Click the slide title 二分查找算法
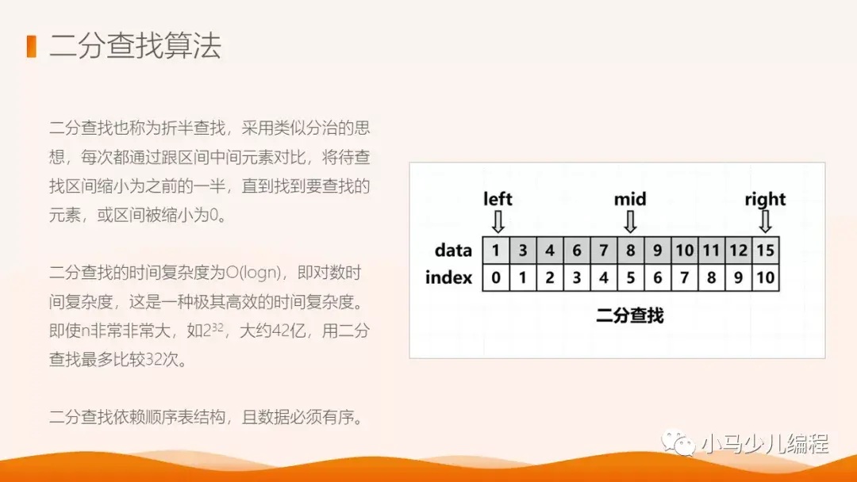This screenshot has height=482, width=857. tap(135, 46)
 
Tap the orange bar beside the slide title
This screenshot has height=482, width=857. tap(31, 46)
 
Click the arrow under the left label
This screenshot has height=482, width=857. tap(498, 220)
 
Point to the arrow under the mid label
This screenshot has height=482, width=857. tap(630, 220)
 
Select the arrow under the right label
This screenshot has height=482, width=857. tap(765, 220)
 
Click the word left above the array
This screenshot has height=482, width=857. tap(498, 199)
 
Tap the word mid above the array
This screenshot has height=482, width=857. tap(630, 199)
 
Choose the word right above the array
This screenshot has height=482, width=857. tap(765, 199)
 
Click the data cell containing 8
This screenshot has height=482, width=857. tap(630, 251)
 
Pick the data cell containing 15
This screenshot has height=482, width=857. tap(766, 251)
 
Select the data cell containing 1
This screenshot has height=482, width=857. tap(496, 251)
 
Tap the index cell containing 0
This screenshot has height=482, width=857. tap(496, 277)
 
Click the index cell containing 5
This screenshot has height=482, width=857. tap(630, 277)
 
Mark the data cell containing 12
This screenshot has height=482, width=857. tap(738, 251)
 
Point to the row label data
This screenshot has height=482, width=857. tap(453, 251)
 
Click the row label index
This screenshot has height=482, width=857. tap(448, 277)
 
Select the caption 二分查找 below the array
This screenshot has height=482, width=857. tap(629, 316)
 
